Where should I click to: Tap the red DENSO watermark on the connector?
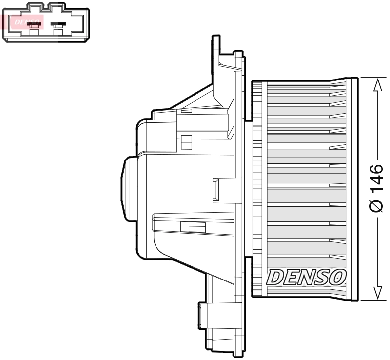(x=23, y=22)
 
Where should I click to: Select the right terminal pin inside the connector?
(x=58, y=24)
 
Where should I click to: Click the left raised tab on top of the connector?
(x=34, y=6)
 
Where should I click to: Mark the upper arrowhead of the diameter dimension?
(x=377, y=84)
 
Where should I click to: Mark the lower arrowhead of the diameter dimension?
(x=377, y=292)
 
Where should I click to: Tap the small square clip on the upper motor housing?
(x=186, y=142)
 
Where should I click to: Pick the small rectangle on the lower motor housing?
(x=192, y=227)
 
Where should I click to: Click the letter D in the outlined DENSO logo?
(x=274, y=278)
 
